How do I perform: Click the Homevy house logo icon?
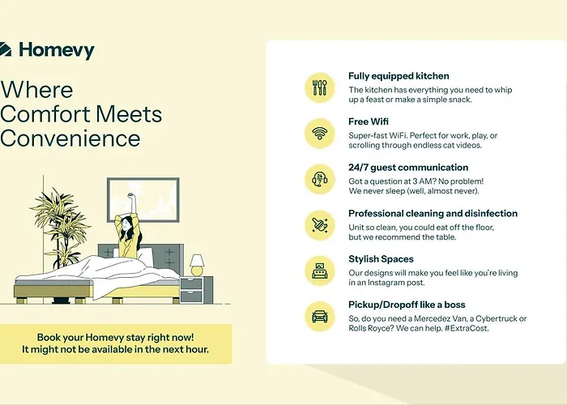pos(5,49)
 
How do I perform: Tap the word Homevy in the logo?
pos(57,50)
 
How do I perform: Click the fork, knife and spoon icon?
pos(320,87)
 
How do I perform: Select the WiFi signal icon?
pos(320,134)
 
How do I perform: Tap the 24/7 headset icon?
pos(320,179)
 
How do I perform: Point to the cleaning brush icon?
pos(320,225)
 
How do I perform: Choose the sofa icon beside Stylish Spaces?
pos(320,271)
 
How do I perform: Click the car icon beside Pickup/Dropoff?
pos(320,317)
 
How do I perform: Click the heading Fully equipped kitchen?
pos(399,76)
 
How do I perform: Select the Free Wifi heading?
pos(369,122)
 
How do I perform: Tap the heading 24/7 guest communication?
pos(408,168)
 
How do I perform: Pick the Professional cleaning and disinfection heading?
pos(433,213)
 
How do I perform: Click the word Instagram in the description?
pos(386,283)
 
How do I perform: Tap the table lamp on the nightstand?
pos(197,266)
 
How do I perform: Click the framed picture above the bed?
pos(143,199)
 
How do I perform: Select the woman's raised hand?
pos(130,196)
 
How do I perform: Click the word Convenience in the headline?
pos(70,139)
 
